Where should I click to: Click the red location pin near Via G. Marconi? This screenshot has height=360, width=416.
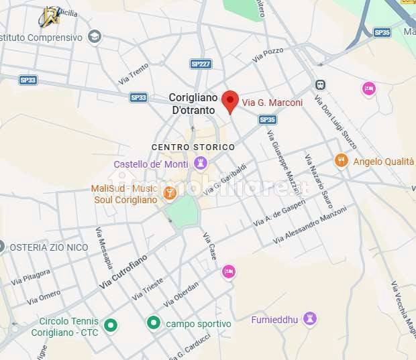click(230, 101)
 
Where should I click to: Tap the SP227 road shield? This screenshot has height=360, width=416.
click(201, 64)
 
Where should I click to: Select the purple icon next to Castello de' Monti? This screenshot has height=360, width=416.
click(200, 163)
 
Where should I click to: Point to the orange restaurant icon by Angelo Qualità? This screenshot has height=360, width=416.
click(342, 160)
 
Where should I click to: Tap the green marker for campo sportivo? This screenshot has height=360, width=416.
click(154, 323)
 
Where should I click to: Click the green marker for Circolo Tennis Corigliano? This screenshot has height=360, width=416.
click(111, 326)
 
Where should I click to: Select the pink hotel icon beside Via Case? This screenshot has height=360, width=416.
click(229, 272)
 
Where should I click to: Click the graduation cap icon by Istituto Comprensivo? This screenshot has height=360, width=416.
click(95, 37)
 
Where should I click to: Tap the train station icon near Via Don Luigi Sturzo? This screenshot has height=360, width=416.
click(320, 85)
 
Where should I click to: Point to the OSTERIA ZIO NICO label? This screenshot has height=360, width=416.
click(48, 247)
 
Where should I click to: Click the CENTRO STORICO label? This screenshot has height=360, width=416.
click(193, 147)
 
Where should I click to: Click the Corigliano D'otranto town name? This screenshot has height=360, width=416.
click(192, 103)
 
